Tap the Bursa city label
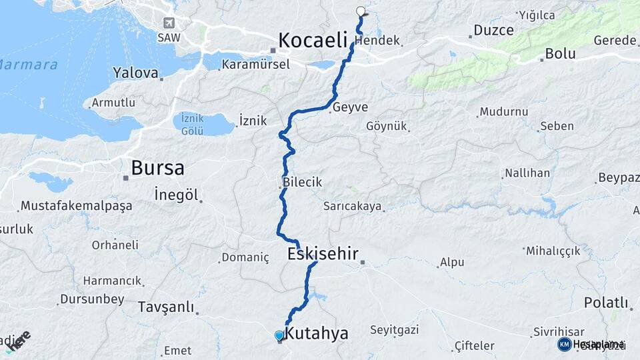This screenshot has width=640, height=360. click(x=157, y=168)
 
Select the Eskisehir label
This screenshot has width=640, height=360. click(x=323, y=254)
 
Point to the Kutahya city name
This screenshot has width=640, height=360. click(x=316, y=333)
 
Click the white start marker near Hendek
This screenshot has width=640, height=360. click(x=361, y=11)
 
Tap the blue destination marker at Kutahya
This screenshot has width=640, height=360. click(x=279, y=336)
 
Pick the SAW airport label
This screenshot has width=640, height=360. click(x=168, y=38)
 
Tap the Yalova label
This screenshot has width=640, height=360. click(x=136, y=73)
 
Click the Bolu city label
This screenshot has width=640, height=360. click(x=560, y=54)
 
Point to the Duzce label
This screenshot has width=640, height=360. click(x=493, y=30)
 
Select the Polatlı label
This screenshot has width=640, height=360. click(x=606, y=303)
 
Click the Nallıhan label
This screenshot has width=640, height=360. click(x=527, y=173)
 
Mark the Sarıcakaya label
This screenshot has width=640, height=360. click(x=353, y=207)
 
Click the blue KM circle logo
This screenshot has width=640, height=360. click(x=564, y=344)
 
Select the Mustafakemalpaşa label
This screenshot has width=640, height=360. click(x=76, y=206)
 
